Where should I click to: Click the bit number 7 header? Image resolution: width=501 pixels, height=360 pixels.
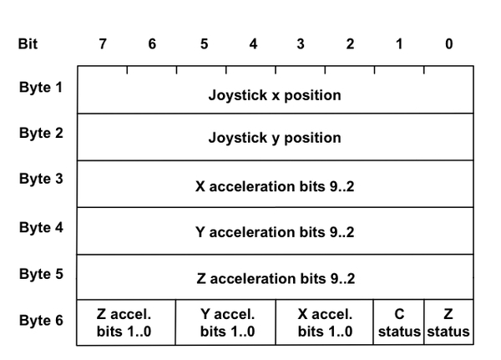coord(103,44)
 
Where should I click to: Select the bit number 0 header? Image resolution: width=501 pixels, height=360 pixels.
coord(448,44)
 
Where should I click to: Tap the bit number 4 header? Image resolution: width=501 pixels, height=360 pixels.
coord(252,44)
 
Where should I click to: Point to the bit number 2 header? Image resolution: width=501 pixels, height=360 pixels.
coord(350,44)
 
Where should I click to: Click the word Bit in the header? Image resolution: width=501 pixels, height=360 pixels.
coord(28,44)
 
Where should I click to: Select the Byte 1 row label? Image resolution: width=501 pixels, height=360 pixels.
coord(41,88)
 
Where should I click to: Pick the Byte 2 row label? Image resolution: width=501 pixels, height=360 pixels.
coord(41,134)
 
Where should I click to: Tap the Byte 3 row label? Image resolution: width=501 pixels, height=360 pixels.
coord(41,180)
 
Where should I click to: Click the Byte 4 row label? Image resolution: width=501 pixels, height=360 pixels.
coord(41,226)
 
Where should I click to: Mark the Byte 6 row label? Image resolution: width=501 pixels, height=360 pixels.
coord(41,320)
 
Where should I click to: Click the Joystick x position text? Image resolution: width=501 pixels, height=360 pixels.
coord(274,94)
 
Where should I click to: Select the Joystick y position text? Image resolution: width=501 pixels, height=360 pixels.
coord(274,138)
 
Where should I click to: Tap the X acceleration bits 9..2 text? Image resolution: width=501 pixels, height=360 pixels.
coord(274,185)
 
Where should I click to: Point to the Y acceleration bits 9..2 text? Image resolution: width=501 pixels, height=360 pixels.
coord(274,232)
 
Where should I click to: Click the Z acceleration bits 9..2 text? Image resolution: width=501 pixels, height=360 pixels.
coord(274,278)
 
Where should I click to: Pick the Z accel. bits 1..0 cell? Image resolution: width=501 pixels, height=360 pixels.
coord(126,323)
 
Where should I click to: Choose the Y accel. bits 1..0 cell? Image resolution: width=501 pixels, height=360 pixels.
coord(226,323)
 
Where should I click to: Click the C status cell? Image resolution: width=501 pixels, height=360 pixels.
coord(398,323)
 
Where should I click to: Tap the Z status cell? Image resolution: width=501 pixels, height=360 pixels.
coord(448,323)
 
